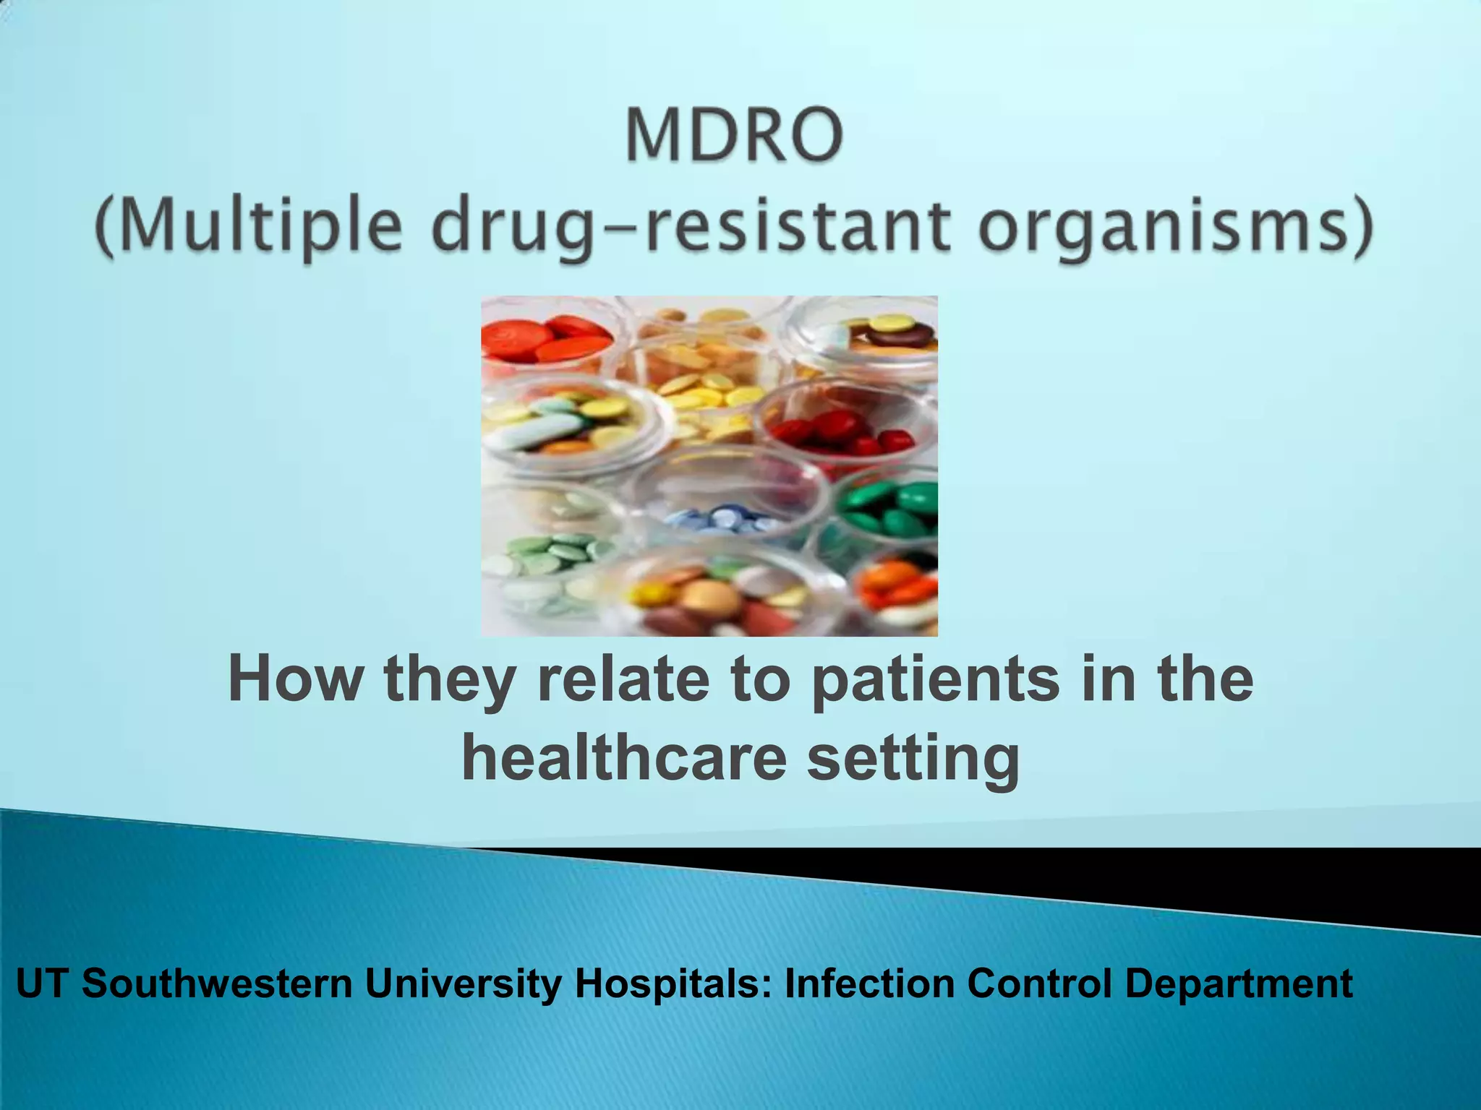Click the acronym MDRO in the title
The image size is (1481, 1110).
tap(734, 136)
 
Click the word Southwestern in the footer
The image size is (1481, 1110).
tap(217, 984)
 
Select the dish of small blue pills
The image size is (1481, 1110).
tap(723, 517)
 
